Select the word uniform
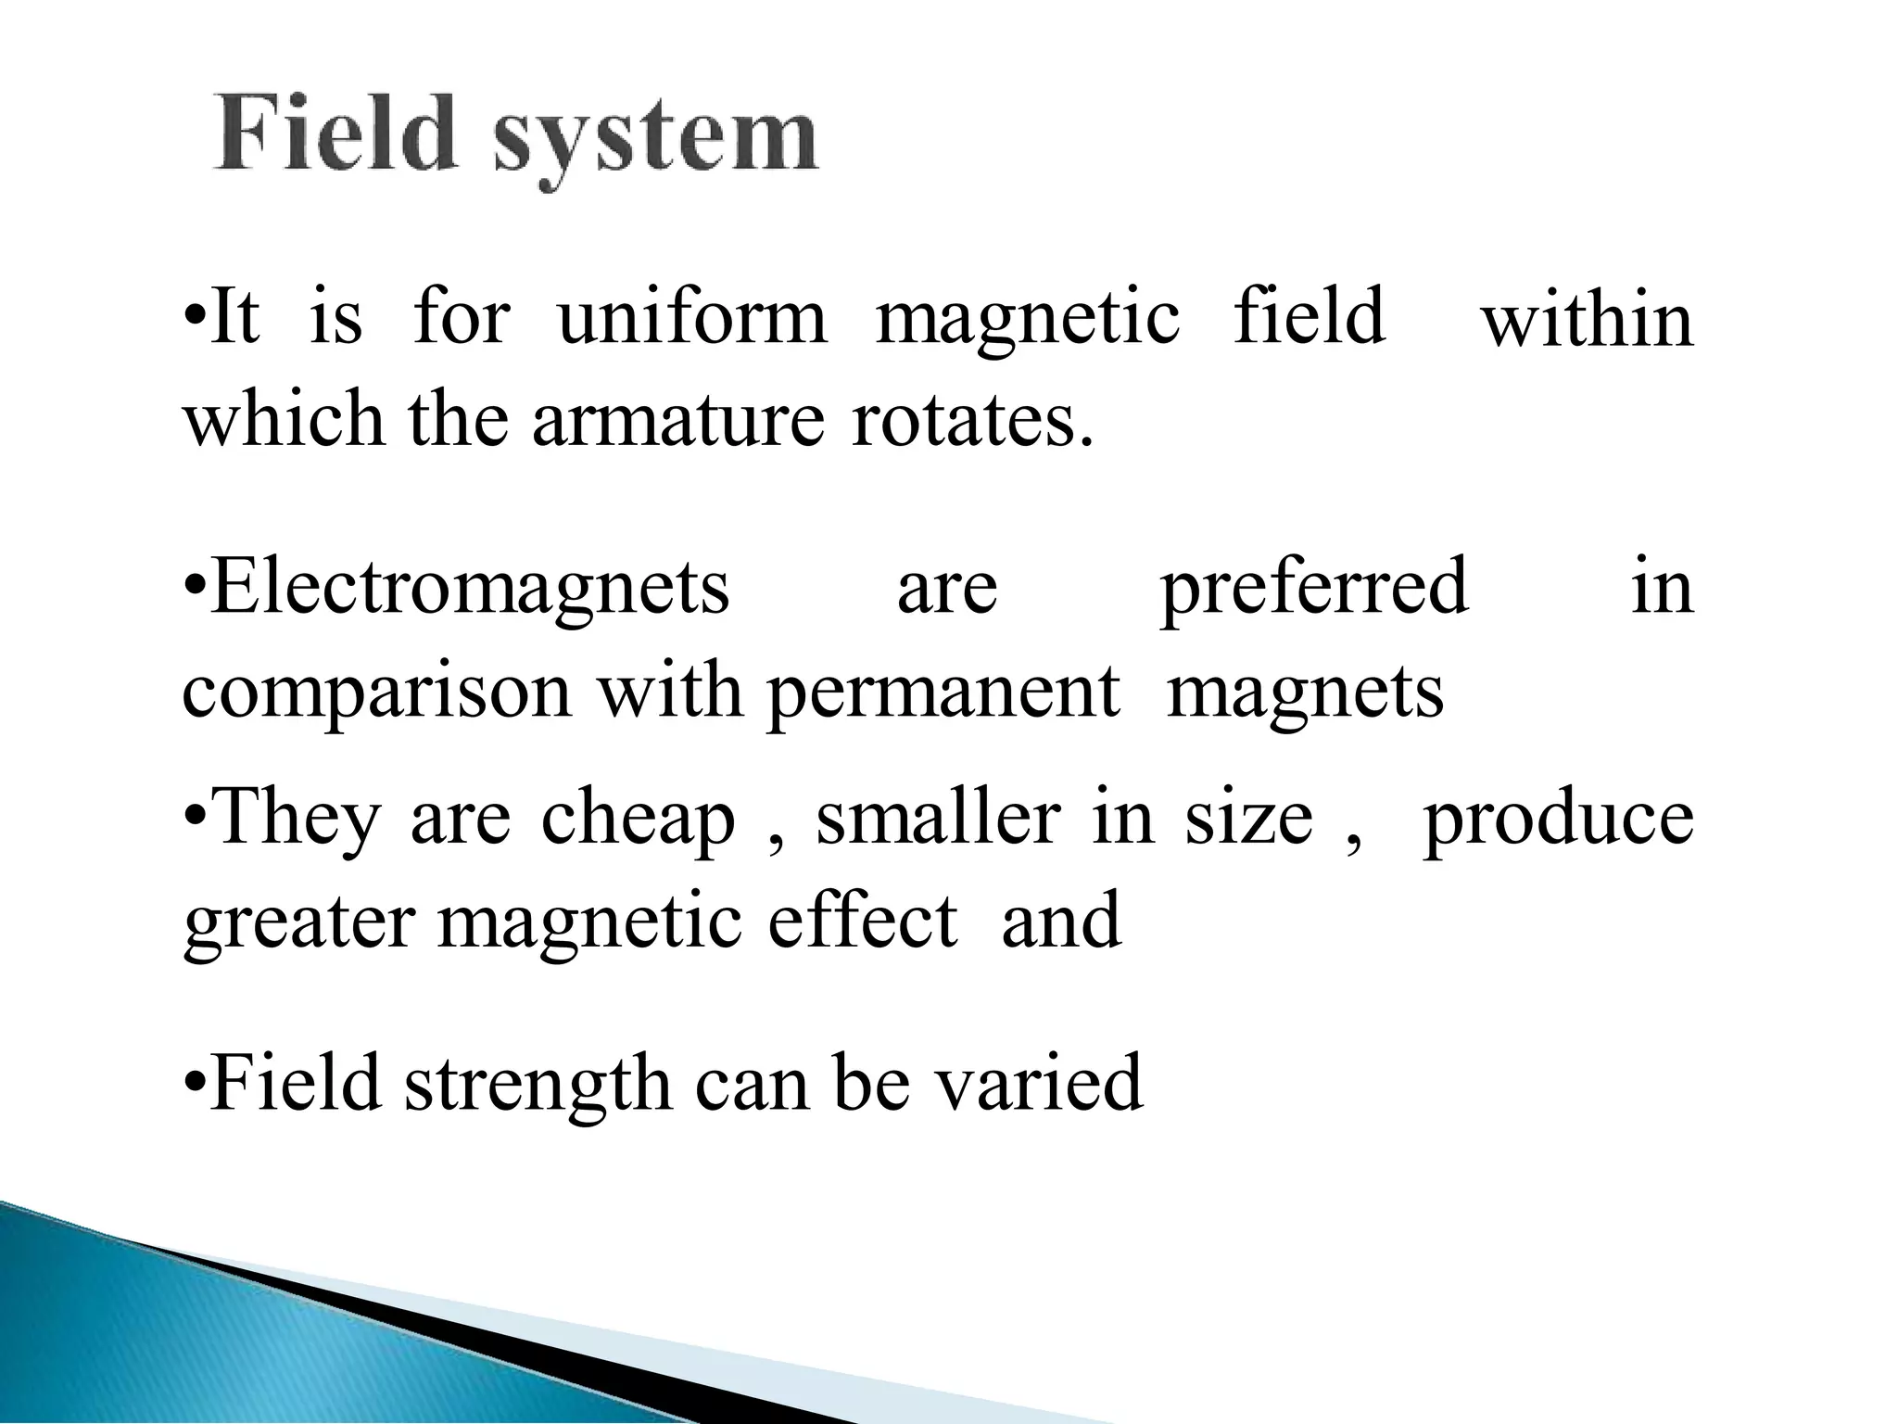[x=692, y=317]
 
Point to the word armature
[x=677, y=419]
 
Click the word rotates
[x=972, y=419]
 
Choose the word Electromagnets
[x=470, y=588]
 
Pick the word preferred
[x=1314, y=590]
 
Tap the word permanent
[x=943, y=693]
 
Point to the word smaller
[x=938, y=818]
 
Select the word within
[x=1588, y=321]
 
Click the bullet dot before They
[x=194, y=817]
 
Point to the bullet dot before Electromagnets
[x=194, y=586]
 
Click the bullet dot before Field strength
[x=194, y=1081]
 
